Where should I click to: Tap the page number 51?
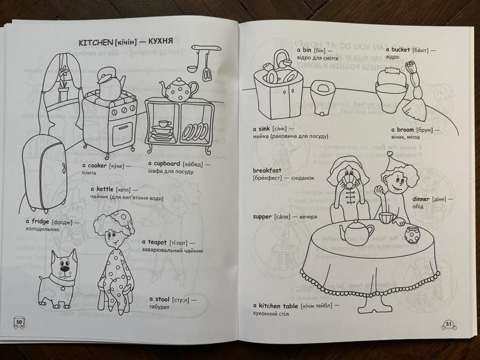tap(448, 323)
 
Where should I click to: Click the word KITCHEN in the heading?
tap(93, 42)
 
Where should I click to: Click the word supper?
tap(262, 217)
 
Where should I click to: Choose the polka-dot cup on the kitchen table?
tap(411, 234)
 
